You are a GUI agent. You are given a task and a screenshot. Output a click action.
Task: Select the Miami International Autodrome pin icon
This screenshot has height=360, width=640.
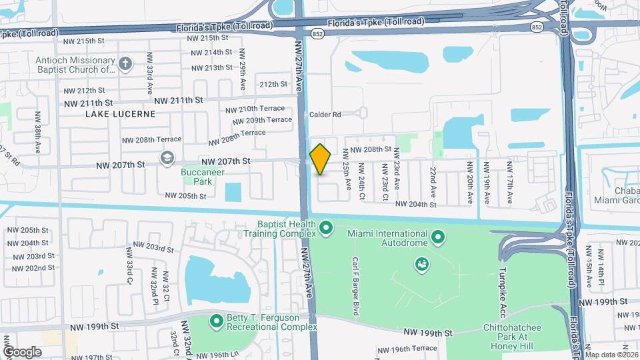click(x=438, y=237)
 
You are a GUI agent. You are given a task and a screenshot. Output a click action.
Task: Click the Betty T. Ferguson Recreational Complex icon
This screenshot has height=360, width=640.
click(x=217, y=322)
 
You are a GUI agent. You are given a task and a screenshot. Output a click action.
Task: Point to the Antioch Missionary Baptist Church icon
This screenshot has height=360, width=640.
click(x=125, y=64)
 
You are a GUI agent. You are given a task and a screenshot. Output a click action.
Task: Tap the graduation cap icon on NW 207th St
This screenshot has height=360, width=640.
click(x=167, y=157)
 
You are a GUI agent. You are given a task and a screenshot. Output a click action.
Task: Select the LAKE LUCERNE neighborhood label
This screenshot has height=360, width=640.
click(x=120, y=114)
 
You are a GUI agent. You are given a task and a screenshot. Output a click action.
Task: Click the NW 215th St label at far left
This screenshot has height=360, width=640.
click(x=83, y=41)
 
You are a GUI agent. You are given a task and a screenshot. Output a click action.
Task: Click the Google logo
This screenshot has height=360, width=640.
click(x=23, y=351)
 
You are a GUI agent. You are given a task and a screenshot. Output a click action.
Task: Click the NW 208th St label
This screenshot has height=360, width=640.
click(x=370, y=150)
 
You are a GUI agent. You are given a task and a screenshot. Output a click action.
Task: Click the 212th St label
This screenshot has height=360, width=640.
click(x=273, y=85)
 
